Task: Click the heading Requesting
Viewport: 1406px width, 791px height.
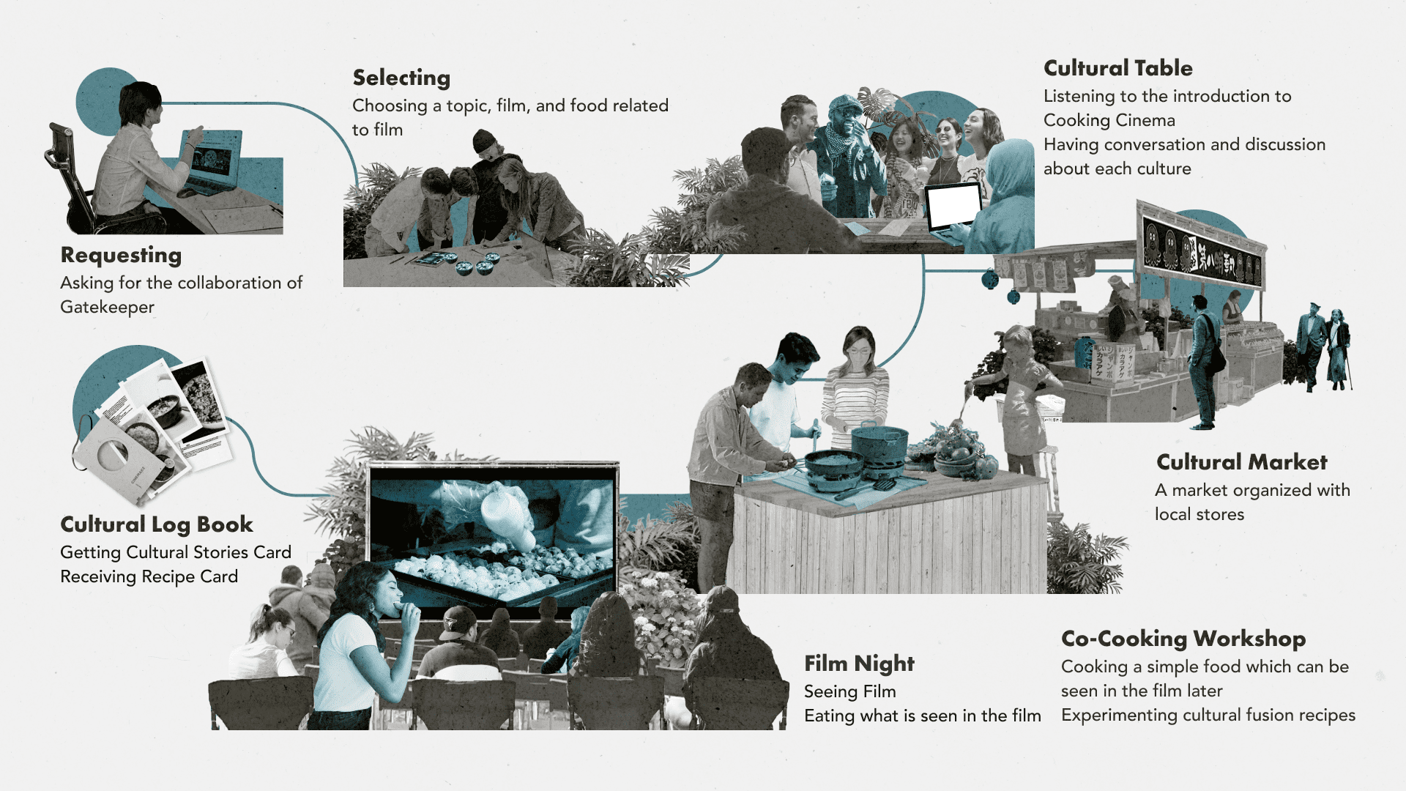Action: (121, 256)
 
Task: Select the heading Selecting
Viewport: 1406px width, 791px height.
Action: (401, 78)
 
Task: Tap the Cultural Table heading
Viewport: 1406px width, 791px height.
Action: (1117, 68)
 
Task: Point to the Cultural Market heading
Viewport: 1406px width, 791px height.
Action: (1241, 462)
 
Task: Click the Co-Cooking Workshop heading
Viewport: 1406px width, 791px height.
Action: (1183, 639)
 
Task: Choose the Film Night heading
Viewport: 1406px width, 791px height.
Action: (859, 664)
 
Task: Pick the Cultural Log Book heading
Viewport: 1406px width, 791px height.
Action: (157, 524)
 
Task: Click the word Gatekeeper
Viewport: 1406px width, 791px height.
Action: (107, 307)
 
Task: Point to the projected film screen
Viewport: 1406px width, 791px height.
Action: (492, 535)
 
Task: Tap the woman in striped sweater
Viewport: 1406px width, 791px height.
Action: (854, 388)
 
